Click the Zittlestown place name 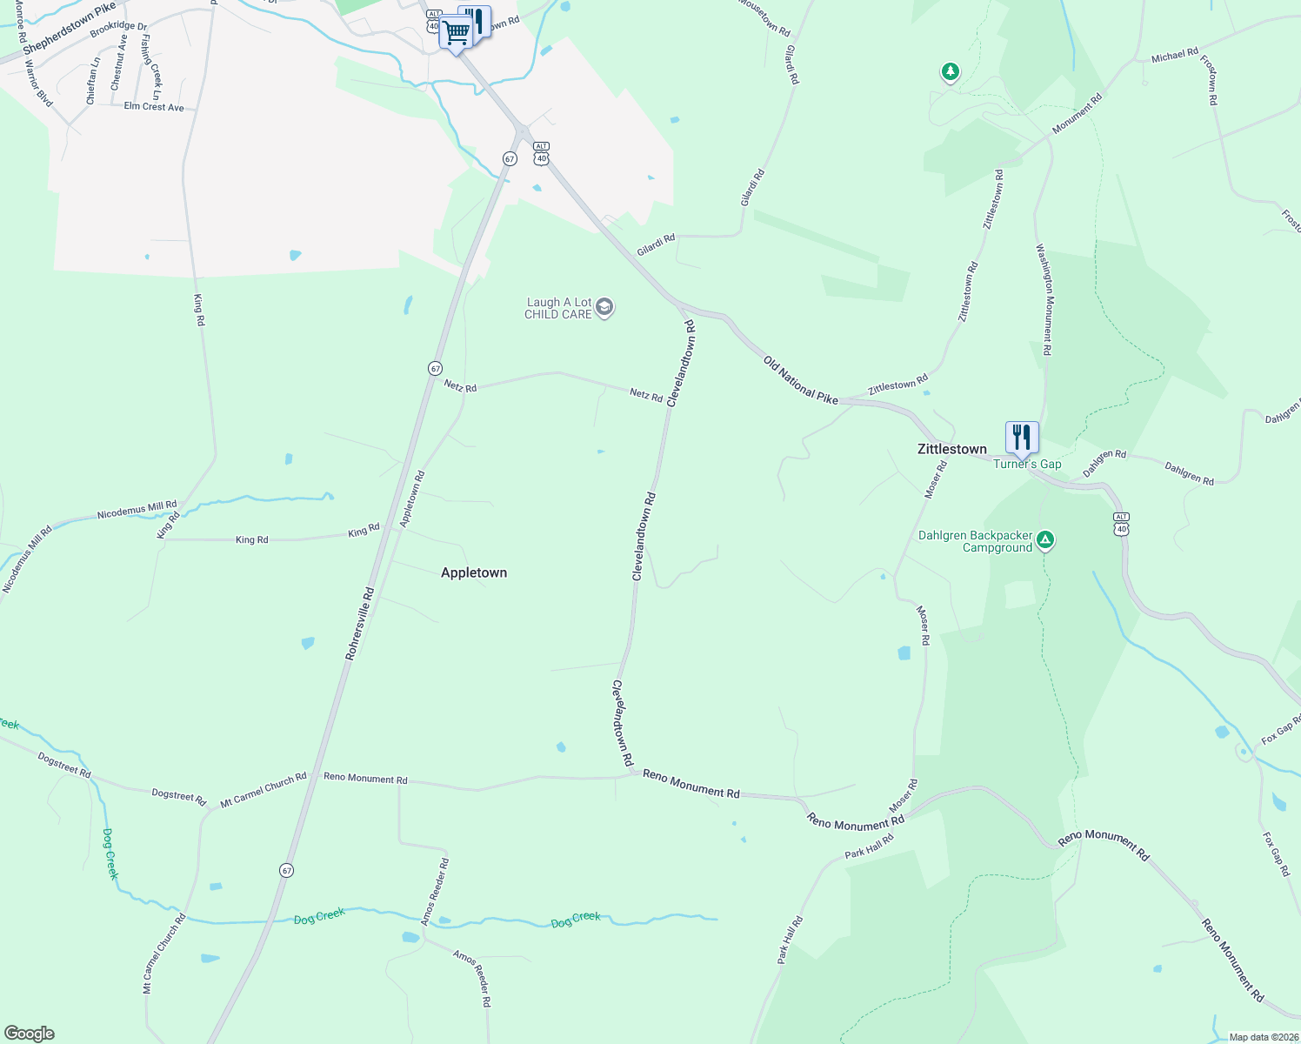[952, 449]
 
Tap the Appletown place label [474, 572]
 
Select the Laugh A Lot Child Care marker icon [605, 308]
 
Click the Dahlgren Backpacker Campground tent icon [1046, 541]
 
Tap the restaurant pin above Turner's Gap [1022, 438]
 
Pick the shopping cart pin [455, 34]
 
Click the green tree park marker [951, 71]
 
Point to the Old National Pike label [801, 380]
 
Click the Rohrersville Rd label [360, 623]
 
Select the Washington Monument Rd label [1044, 299]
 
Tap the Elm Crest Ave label [154, 107]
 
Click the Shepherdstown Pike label [70, 29]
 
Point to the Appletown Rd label [412, 499]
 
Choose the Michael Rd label [1175, 56]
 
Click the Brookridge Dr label [118, 29]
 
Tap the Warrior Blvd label [38, 84]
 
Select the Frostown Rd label [1209, 80]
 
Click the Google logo [30, 1034]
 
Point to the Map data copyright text [1264, 1037]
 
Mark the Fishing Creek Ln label [150, 67]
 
